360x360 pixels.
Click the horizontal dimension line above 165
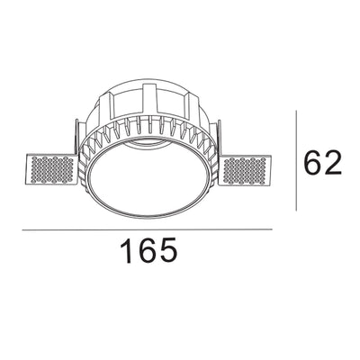click(x=147, y=230)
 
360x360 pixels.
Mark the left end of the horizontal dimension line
click(x=22, y=230)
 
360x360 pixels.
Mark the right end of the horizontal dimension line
click(x=271, y=230)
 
